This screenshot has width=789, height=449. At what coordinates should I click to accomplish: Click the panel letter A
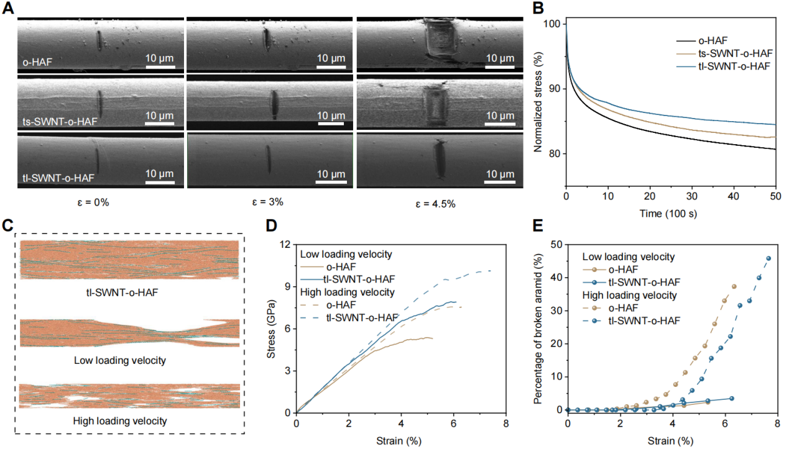(x=8, y=9)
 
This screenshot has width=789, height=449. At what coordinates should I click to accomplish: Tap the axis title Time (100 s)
(x=671, y=213)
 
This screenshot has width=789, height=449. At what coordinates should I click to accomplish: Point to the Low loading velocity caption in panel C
(x=120, y=360)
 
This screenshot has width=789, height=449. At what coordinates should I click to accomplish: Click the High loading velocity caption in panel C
(x=120, y=420)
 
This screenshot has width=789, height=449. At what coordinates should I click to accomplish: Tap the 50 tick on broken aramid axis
(x=556, y=244)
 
